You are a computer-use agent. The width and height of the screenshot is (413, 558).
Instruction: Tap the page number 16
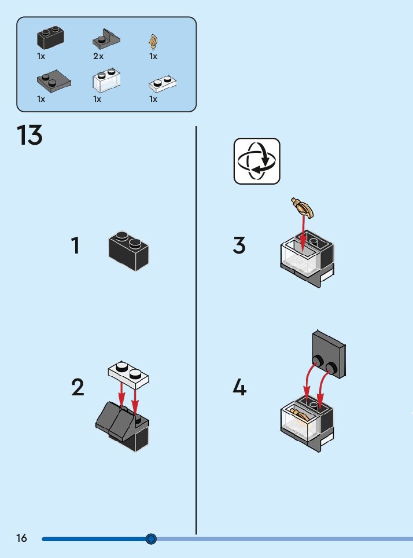21,538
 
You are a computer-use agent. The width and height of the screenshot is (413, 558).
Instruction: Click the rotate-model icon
257,161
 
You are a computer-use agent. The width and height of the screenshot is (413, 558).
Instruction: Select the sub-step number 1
76,245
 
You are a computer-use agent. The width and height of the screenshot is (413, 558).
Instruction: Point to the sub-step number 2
78,387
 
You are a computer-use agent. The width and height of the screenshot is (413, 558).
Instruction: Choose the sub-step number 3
239,245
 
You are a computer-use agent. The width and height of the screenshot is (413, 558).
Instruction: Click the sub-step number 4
239,387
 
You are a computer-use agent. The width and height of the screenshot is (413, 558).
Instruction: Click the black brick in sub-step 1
128,251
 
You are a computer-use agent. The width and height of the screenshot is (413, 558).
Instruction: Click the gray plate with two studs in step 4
329,355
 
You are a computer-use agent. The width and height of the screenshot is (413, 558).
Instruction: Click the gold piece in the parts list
153,41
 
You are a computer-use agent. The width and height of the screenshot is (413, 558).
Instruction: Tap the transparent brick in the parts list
106,80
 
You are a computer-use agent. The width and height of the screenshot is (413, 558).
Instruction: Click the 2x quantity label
98,57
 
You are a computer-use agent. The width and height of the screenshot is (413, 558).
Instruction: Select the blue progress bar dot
151,539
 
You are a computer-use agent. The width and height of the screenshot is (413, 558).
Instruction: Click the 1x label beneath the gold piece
153,57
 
